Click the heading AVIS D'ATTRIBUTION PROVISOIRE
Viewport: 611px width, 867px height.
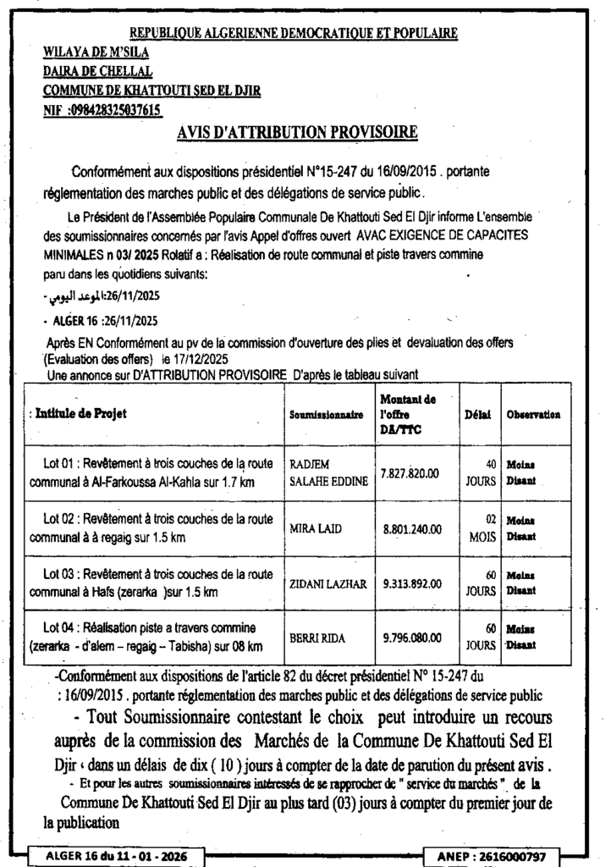coord(297,132)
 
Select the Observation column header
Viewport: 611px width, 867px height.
coord(533,415)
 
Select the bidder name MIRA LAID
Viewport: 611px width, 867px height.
coord(315,529)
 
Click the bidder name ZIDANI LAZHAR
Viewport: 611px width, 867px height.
coord(327,583)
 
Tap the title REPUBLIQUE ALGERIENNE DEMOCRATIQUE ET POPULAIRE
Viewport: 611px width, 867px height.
coord(293,34)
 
